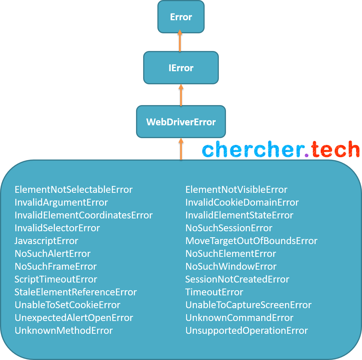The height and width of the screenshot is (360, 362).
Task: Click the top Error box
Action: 181,17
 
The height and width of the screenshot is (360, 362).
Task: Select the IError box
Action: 181,68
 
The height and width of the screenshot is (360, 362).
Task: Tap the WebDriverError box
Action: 181,122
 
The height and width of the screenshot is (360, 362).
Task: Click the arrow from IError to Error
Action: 180,42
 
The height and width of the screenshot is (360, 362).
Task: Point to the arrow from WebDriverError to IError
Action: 181,95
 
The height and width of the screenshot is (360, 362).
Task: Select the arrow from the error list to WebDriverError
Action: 181,149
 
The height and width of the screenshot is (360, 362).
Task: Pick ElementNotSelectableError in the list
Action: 73,190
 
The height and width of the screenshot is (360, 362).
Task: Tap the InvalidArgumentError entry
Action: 61,202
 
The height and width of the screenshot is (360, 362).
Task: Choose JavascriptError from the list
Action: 46,241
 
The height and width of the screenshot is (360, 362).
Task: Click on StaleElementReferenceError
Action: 76,292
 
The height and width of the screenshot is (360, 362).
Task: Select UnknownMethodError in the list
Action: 64,331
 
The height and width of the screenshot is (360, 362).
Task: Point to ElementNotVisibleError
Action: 236,190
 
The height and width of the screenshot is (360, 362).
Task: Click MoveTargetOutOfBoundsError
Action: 251,241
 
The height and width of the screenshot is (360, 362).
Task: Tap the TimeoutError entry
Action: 214,292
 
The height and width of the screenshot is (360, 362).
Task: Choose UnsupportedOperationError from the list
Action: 246,331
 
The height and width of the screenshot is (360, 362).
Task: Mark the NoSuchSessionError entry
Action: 229,228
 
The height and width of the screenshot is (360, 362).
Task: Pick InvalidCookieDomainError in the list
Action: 242,202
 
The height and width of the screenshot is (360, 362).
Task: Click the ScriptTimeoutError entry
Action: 56,279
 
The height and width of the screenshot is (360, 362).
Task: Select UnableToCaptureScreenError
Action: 248,305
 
